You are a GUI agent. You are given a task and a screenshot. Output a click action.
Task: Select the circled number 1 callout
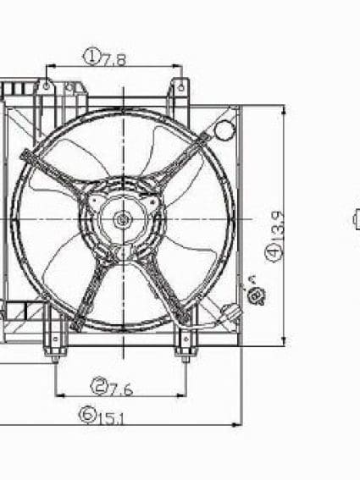coord(91,57)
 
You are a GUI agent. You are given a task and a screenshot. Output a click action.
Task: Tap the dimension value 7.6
coord(123,389)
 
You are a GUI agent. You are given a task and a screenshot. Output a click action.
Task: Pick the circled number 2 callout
coord(99,388)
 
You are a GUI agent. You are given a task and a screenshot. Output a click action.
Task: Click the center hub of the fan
coord(123,220)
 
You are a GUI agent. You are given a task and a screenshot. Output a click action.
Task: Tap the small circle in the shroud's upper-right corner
coord(224,130)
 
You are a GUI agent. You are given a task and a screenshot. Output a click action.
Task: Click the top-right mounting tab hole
coord(180,85)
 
